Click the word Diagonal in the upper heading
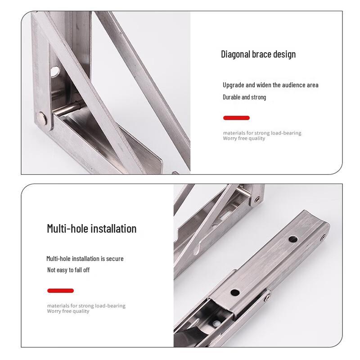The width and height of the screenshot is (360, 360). click(x=235, y=54)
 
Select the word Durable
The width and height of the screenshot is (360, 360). click(x=231, y=97)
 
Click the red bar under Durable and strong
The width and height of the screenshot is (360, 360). click(x=236, y=118)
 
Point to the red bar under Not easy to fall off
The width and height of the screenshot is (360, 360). click(x=60, y=291)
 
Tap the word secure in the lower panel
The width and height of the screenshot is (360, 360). click(x=115, y=259)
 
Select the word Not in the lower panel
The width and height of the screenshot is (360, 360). click(x=52, y=270)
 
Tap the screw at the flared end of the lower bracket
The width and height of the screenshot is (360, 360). click(x=322, y=237)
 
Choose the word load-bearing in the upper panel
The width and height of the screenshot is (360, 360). click(x=286, y=133)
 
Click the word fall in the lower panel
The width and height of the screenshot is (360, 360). click(x=74, y=270)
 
